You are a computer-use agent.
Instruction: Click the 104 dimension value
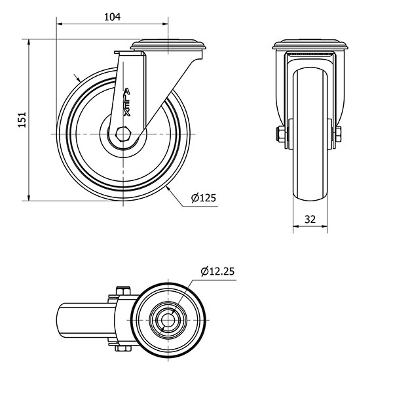113,17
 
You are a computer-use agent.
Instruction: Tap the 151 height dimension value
22,119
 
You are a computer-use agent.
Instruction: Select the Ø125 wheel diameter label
204,197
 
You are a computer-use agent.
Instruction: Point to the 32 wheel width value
310,220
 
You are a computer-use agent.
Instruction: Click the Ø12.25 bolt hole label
217,271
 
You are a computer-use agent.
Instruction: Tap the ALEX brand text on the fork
126,102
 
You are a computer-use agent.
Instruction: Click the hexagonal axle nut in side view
123,134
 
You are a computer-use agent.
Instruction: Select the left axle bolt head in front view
280,134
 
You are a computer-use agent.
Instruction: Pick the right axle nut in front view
338,134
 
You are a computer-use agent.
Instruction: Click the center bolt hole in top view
168,319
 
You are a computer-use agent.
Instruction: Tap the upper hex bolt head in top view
123,290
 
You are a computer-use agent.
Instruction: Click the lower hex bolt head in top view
123,348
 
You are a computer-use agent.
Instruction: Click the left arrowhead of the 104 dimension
59,24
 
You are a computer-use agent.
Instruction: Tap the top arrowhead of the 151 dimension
29,43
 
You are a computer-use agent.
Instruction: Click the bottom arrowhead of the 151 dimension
29,197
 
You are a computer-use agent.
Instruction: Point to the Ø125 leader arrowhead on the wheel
168,189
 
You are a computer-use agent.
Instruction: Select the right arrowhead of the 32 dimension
324,226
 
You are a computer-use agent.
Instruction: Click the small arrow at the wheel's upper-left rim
78,78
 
